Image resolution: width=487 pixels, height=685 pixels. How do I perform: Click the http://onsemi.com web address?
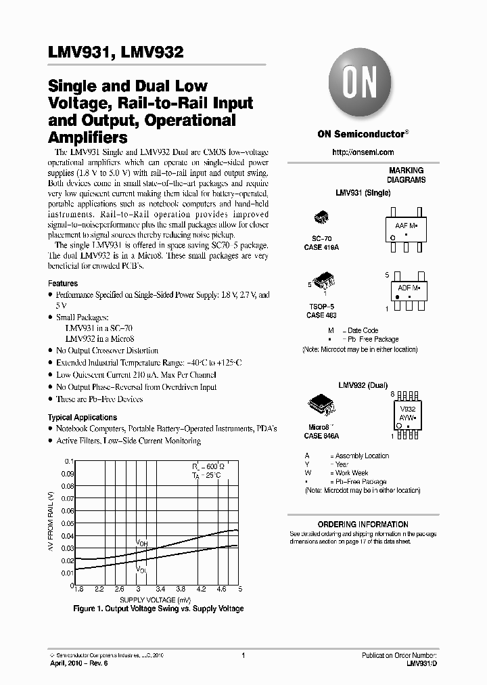[363, 152]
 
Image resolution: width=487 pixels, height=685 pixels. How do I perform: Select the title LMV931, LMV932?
[116, 53]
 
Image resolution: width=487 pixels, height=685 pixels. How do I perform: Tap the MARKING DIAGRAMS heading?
[406, 176]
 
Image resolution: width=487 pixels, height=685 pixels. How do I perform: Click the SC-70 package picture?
[322, 218]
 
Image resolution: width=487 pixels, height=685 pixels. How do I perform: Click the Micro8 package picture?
[322, 403]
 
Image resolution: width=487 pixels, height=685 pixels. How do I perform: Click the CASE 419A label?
[321, 248]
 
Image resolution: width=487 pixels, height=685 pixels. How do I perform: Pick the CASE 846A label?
[321, 437]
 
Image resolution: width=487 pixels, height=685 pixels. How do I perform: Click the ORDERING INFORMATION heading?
[363, 525]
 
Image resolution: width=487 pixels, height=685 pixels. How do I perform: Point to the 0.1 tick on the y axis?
[68, 462]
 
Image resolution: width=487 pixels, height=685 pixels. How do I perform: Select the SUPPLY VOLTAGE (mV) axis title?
[155, 600]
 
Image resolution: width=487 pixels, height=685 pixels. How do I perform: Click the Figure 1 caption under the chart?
[158, 609]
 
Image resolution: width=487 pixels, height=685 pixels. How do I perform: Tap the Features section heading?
[63, 284]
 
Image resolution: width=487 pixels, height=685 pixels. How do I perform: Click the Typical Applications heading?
[83, 418]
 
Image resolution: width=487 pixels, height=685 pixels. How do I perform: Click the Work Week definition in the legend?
[351, 473]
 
